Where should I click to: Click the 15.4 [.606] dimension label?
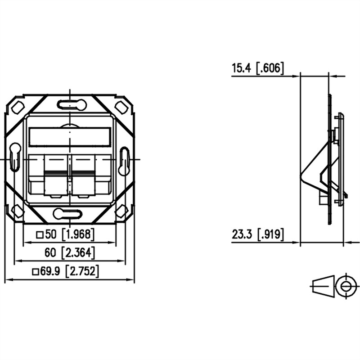click(x=258, y=68)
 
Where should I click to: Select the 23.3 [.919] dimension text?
click(x=258, y=234)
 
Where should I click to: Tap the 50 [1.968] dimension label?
click(x=65, y=234)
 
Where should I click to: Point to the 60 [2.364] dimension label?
click(x=70, y=253)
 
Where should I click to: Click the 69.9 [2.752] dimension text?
click(x=66, y=272)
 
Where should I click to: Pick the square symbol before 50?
click(x=40, y=235)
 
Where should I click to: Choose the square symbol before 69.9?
click(x=36, y=272)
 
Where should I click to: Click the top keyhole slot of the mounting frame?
click(x=72, y=104)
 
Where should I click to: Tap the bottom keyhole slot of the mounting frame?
click(x=68, y=214)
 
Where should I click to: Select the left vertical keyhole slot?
click(x=15, y=157)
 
